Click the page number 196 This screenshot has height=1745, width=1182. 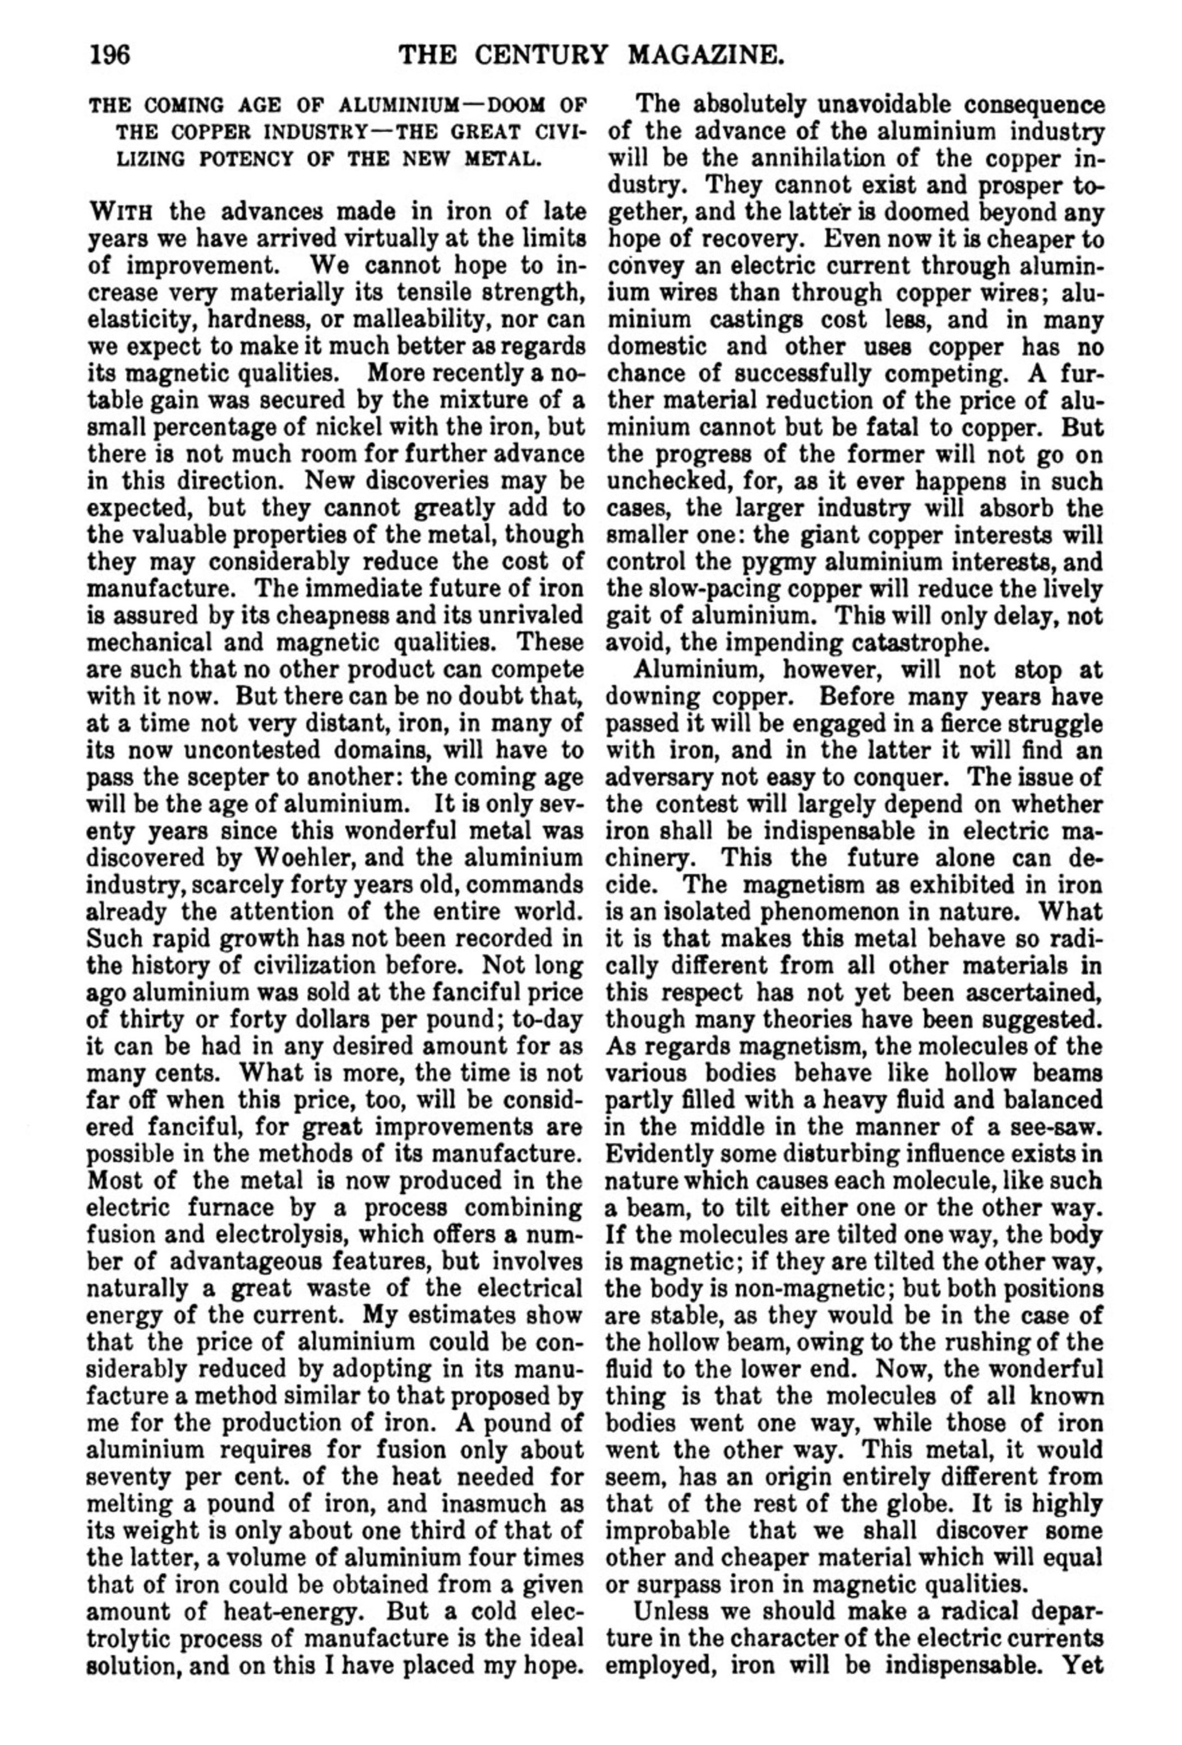pyautogui.click(x=110, y=55)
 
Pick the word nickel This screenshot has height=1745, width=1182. pyautogui.click(x=341, y=428)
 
